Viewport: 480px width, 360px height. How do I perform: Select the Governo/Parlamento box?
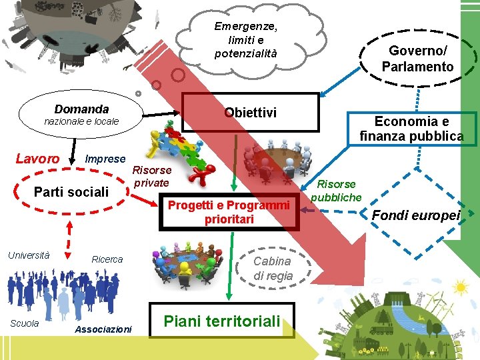(417, 59)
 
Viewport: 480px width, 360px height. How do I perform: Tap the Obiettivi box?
(250, 112)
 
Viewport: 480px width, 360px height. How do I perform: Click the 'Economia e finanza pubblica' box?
(411, 129)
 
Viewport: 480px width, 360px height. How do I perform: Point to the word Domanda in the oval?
(81, 109)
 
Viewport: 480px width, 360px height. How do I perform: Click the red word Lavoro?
(37, 159)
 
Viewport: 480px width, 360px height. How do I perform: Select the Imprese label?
(105, 159)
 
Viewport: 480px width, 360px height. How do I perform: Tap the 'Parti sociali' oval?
(71, 192)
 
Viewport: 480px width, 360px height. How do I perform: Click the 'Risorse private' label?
(152, 177)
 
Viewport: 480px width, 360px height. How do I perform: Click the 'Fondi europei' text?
(416, 215)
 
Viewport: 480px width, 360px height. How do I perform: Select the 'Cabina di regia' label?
(273, 268)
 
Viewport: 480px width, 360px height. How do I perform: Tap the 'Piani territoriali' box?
(222, 321)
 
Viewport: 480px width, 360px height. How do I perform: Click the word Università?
(29, 255)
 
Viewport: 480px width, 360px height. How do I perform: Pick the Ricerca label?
(107, 259)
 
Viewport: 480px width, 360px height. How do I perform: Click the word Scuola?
(25, 323)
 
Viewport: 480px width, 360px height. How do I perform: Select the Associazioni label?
(103, 329)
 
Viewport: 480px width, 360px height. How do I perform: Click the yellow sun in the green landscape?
(459, 288)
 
